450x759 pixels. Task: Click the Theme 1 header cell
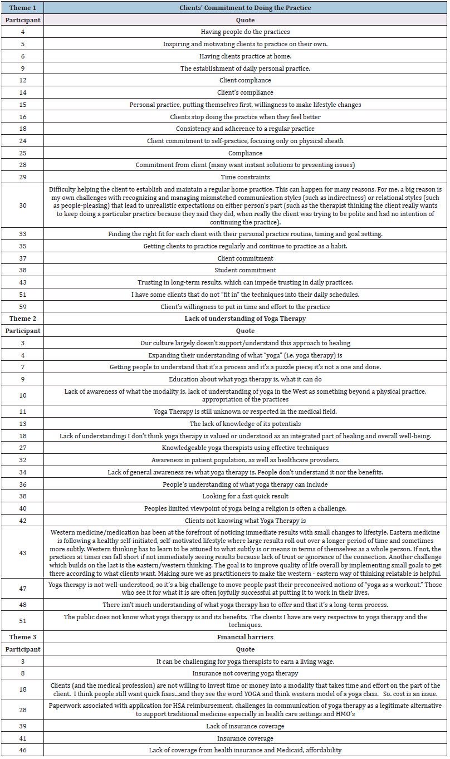click(x=22, y=8)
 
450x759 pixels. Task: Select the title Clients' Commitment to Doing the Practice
click(x=245, y=8)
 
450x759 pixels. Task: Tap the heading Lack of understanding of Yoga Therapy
click(x=245, y=319)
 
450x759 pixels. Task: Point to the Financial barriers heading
click(x=245, y=637)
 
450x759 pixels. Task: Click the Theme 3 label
click(x=22, y=637)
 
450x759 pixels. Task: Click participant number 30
click(x=22, y=205)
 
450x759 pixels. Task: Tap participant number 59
click(x=22, y=307)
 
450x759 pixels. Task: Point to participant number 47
click(x=22, y=589)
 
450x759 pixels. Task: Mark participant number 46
click(x=22, y=750)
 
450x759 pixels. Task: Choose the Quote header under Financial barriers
click(x=245, y=649)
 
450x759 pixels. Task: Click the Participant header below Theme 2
click(x=22, y=331)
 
